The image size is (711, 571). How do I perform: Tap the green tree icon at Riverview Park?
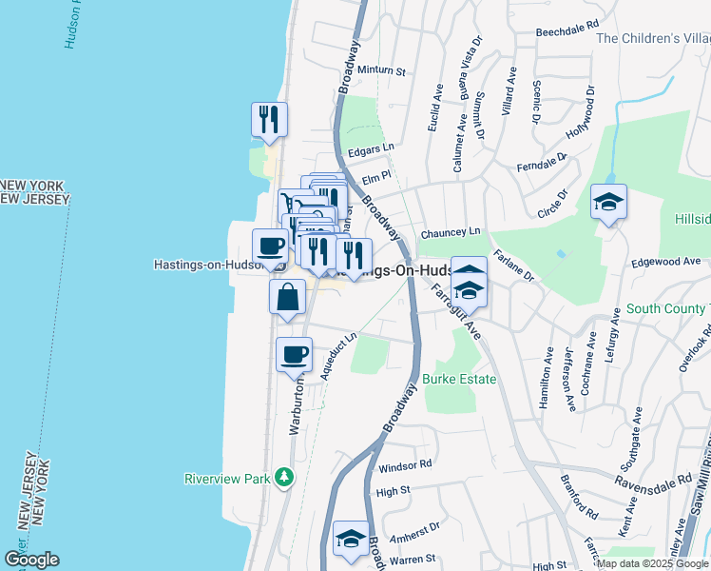(283, 477)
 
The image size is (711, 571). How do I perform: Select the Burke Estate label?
(461, 379)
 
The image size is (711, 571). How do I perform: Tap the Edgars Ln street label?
(371, 149)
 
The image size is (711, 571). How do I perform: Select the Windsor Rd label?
(405, 465)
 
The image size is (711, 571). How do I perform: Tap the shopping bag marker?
(287, 297)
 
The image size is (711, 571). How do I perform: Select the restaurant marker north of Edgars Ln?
(269, 119)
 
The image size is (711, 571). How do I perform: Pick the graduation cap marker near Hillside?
(608, 202)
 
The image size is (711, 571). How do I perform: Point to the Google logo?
(31, 560)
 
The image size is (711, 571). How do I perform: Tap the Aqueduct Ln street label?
(337, 357)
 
